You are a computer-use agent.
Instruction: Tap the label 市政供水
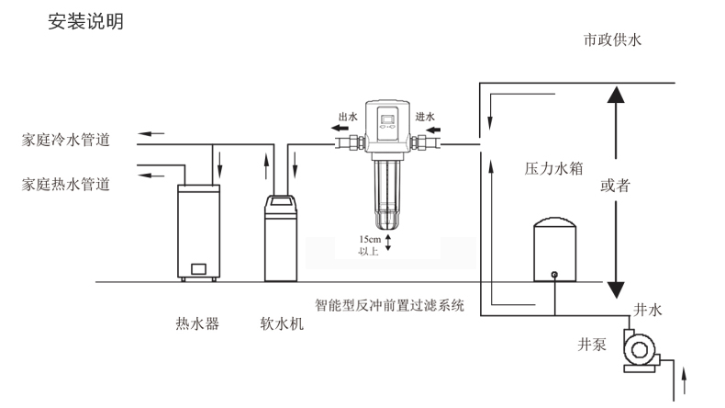coord(618,40)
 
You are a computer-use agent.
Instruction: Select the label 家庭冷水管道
coord(66,141)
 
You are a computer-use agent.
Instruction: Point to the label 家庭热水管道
coord(66,184)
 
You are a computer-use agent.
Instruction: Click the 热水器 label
coord(197,323)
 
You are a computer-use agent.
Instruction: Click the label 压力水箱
coord(539,169)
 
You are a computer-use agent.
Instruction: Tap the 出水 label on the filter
coord(347,117)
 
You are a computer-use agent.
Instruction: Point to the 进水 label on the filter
coord(425,117)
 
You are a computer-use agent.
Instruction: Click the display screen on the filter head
coord(386,119)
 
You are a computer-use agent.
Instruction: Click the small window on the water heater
coord(197,270)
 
